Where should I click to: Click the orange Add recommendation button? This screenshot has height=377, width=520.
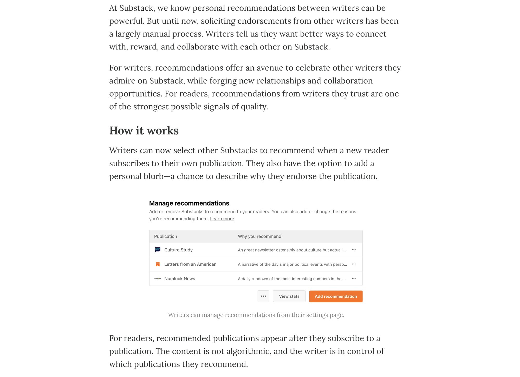point(335,296)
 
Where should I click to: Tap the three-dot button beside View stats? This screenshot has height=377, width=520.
point(263,296)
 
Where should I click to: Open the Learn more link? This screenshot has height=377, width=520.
point(222,219)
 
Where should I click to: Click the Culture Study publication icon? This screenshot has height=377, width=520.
point(158,250)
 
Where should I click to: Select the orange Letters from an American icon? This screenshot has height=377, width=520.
point(158,264)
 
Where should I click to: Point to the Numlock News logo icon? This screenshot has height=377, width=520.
point(158,279)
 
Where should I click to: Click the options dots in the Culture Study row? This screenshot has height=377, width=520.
point(354,250)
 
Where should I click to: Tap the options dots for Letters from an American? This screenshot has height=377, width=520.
point(354,264)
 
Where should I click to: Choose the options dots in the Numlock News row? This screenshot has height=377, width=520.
point(354,279)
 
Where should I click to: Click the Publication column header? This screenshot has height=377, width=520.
point(165,236)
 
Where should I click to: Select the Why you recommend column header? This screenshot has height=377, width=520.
point(259,236)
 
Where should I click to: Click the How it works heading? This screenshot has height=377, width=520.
point(144,131)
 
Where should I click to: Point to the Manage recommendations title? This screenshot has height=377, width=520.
point(189,203)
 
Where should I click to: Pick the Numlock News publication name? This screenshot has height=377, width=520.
point(179,279)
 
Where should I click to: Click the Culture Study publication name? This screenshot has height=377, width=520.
point(178,250)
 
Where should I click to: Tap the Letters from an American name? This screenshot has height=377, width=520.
point(190,264)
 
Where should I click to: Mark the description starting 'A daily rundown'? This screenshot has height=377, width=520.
point(291,279)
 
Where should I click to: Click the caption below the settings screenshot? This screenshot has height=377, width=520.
point(256,315)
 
